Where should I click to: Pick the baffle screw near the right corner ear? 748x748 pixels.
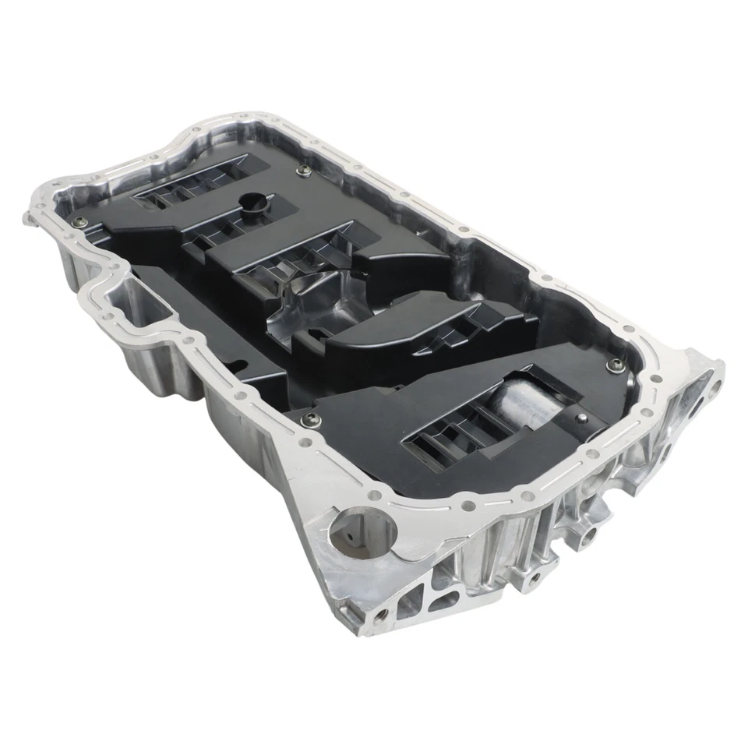point(616,363)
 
